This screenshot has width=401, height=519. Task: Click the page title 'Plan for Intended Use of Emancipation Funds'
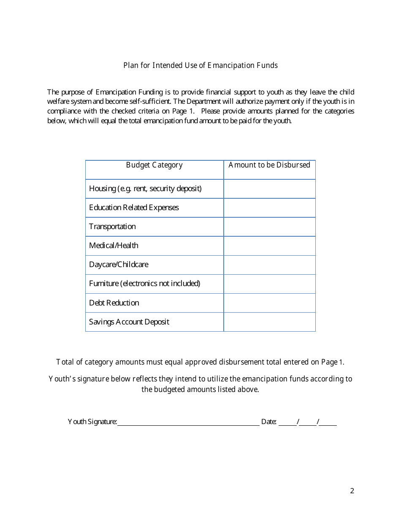(200, 65)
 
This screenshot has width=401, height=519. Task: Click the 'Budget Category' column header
(154, 165)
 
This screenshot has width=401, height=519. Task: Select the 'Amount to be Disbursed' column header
(269, 165)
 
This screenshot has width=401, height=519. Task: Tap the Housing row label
(145, 189)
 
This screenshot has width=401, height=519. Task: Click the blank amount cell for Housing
(269, 189)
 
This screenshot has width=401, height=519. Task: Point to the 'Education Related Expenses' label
(134, 208)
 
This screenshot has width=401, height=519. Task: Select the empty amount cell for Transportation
(269, 227)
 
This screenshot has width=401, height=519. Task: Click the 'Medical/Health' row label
(114, 246)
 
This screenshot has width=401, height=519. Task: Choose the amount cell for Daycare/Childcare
(269, 265)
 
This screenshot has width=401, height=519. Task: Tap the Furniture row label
(144, 284)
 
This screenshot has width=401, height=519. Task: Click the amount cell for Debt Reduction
(269, 303)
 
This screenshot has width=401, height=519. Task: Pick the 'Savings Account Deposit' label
(129, 322)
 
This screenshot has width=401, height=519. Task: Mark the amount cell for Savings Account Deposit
(269, 322)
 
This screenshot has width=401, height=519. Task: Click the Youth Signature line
(188, 422)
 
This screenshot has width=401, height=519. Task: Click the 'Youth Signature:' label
(92, 422)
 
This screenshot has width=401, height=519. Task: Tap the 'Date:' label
(269, 422)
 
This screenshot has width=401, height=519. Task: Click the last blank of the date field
(328, 422)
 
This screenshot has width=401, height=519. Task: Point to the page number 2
(352, 491)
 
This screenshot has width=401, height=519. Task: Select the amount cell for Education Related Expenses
(269, 208)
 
